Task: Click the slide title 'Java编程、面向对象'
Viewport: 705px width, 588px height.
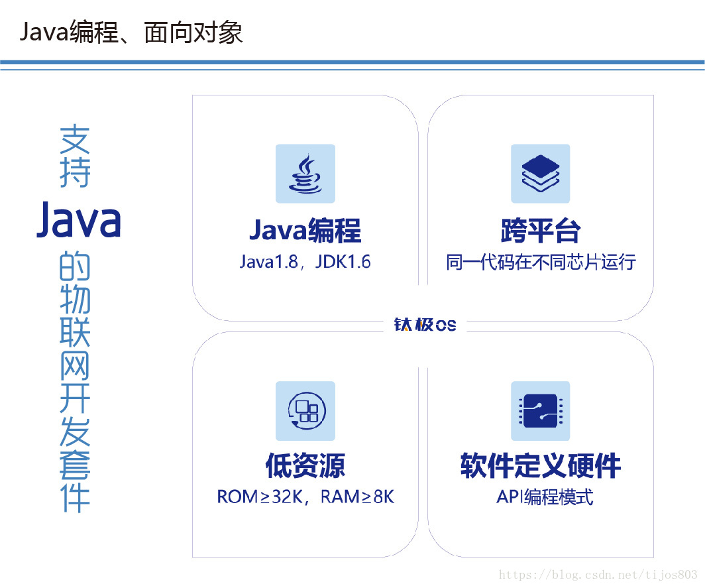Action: (x=131, y=32)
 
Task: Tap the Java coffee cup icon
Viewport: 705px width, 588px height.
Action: (x=305, y=174)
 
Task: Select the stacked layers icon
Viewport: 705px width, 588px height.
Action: (x=541, y=174)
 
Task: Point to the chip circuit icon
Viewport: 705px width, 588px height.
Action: (x=541, y=411)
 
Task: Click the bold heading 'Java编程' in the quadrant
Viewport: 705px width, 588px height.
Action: (x=305, y=230)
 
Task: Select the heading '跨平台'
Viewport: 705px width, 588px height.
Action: (x=541, y=230)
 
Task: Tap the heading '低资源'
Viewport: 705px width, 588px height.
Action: (x=305, y=465)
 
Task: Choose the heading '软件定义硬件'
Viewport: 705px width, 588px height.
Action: (x=541, y=465)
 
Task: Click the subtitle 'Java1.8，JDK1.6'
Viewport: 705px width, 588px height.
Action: (x=305, y=262)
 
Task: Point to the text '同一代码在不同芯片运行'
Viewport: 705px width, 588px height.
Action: (x=541, y=262)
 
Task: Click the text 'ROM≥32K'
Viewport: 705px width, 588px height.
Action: (x=260, y=497)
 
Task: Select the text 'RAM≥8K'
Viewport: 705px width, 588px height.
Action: (x=357, y=497)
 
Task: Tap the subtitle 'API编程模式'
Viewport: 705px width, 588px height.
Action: (x=545, y=497)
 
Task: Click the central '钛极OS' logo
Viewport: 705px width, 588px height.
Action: (x=425, y=325)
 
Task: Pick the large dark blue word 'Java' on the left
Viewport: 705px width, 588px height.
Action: (x=79, y=219)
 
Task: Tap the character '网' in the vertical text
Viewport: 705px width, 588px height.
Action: (x=75, y=365)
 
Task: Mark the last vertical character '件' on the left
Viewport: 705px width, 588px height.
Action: (x=75, y=498)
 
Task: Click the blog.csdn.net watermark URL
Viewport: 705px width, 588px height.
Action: (x=598, y=575)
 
